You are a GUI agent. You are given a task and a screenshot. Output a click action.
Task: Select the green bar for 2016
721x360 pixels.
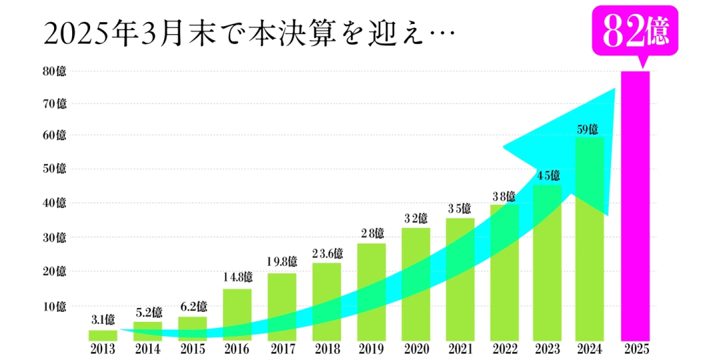(x=237, y=314)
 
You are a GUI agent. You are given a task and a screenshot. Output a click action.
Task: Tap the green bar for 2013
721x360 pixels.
(x=102, y=335)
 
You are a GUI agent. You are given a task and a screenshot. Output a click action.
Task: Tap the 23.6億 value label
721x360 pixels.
(x=327, y=254)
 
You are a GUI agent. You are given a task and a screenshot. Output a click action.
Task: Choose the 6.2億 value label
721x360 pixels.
(x=192, y=307)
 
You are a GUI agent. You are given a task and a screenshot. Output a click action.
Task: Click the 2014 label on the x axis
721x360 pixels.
(x=148, y=349)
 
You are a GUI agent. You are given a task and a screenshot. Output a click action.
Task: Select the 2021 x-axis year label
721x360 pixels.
(x=461, y=349)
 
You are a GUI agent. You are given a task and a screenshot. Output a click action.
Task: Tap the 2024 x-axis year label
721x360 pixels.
(x=590, y=349)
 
